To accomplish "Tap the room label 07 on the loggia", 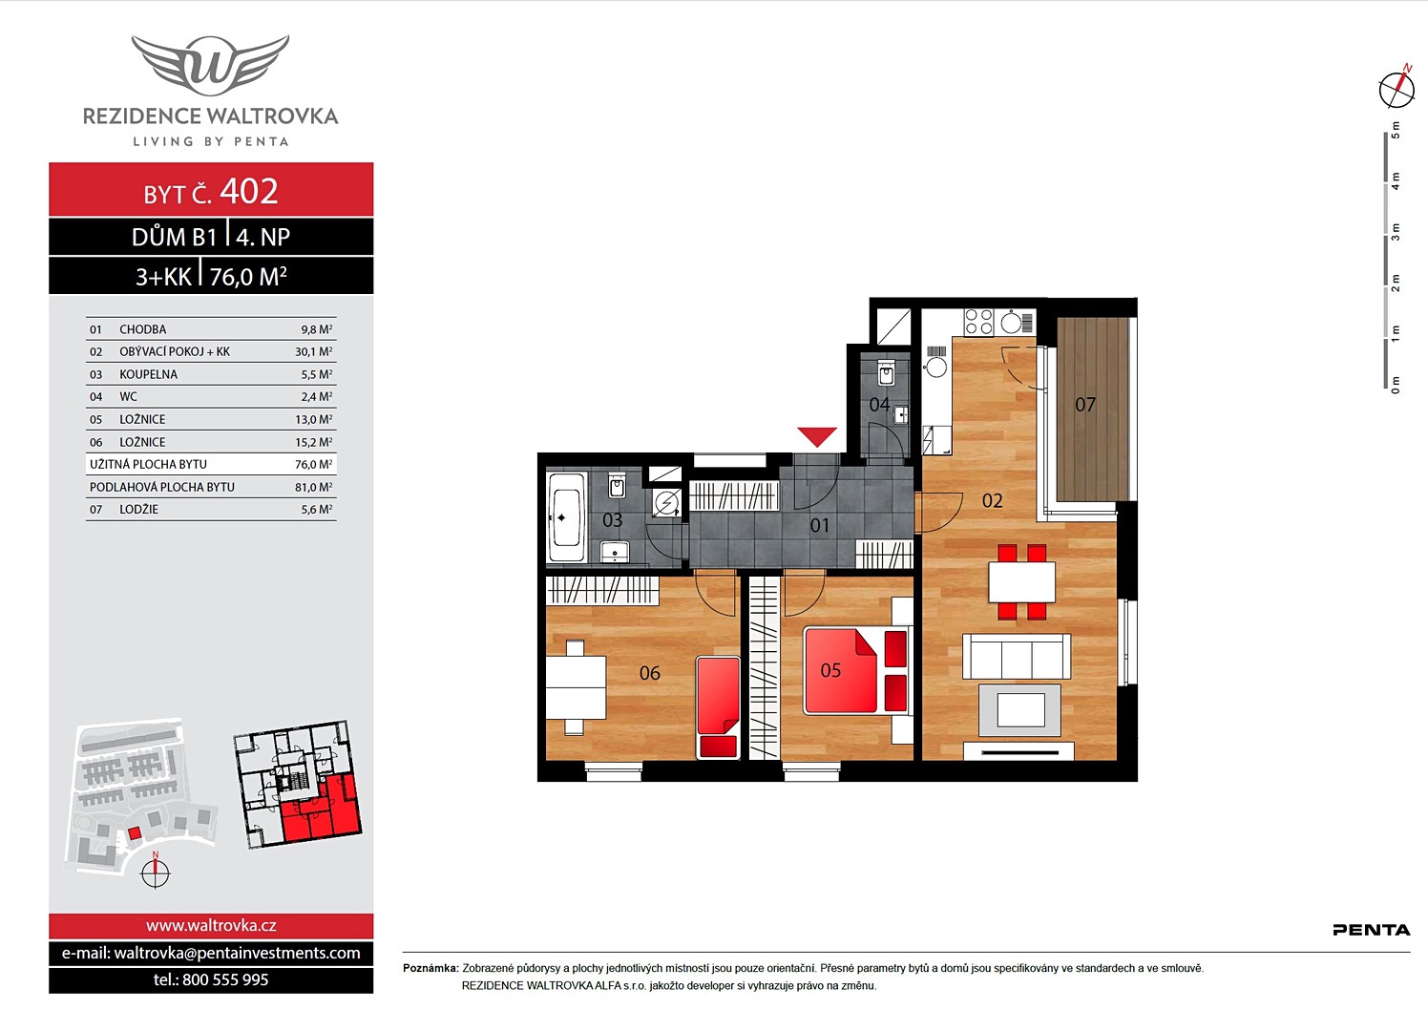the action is pos(1085,404).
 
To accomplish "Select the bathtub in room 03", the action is pos(567,517).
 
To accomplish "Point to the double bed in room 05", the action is pos(855,670).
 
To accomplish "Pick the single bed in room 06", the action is pos(719,707).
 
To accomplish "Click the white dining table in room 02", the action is pos(1021,581).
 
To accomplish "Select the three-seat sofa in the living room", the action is pos(1017,656).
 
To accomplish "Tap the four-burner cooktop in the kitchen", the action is pos(978,322).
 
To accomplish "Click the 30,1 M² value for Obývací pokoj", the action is pos(314,351).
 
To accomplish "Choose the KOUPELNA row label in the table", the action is pos(149,374).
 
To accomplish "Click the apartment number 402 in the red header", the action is pos(249,191).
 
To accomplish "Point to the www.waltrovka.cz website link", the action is pos(211,925).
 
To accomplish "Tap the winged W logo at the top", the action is pos(210,62).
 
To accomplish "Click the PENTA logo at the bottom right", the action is pos(1372,930).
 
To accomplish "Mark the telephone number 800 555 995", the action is pos(225,979).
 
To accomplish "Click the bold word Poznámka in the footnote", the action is pos(430,968).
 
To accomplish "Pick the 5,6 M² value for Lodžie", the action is pos(317,509).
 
